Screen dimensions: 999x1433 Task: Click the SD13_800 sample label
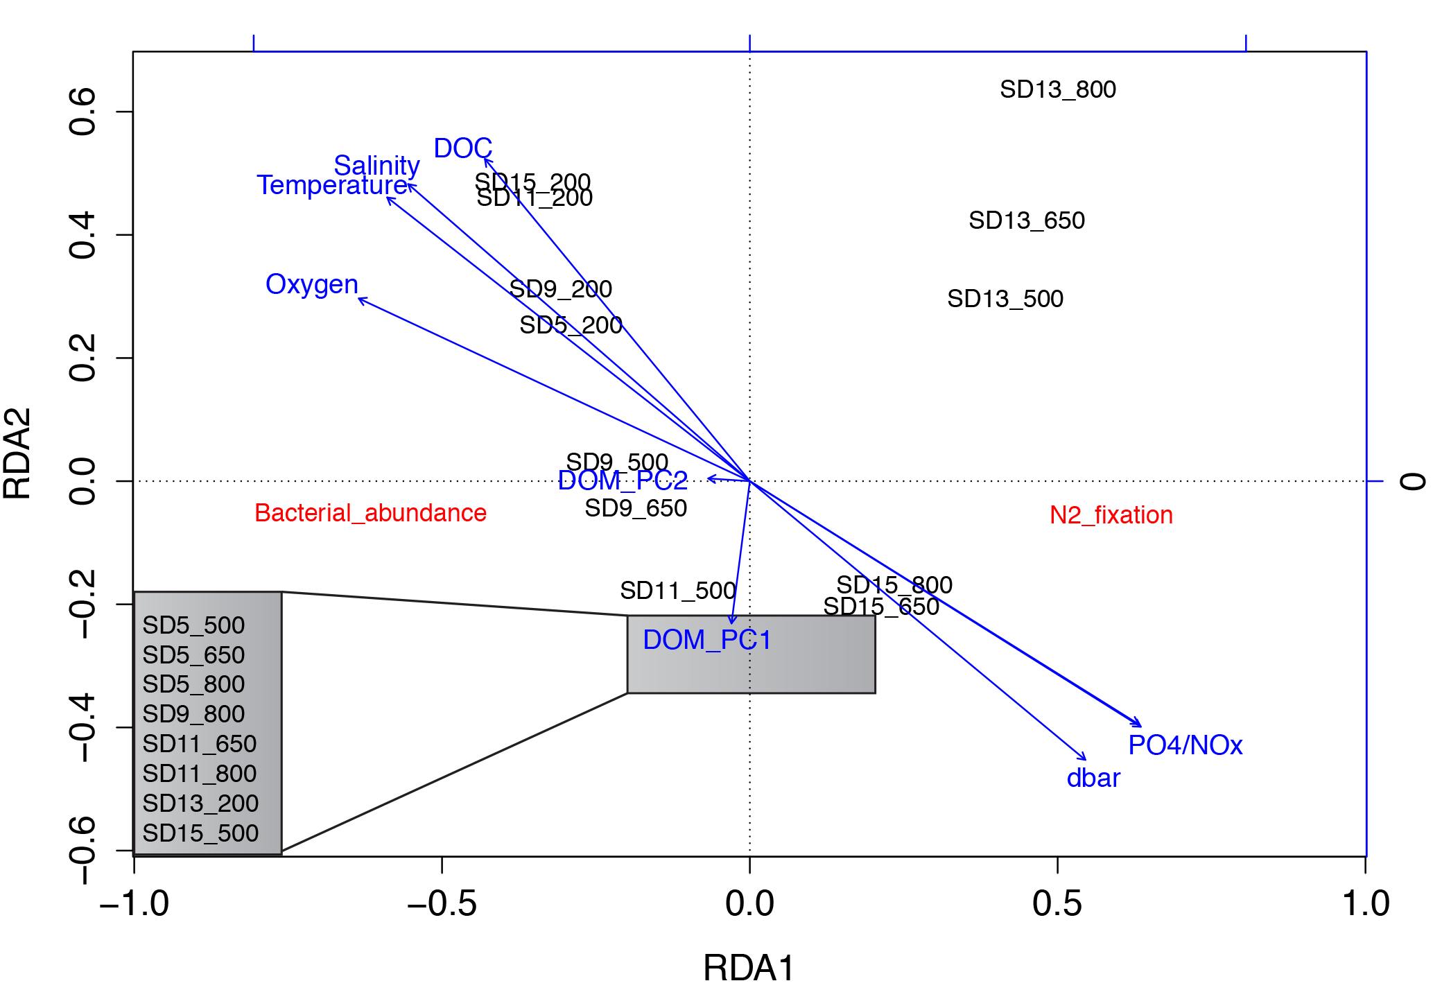pos(1057,90)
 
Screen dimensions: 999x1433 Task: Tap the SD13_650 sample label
pos(1026,220)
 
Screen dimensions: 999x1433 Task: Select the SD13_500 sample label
pos(1005,299)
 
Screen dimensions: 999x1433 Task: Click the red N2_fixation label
pos(1111,515)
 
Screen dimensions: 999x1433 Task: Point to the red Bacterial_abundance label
pos(370,513)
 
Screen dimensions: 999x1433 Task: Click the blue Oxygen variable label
pos(311,284)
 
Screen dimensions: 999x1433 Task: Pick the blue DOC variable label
pos(462,148)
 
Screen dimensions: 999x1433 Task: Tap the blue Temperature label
pos(331,185)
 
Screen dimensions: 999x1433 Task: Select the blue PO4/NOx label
pos(1185,745)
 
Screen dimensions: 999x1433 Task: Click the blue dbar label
pos(1093,779)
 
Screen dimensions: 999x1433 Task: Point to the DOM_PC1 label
pos(706,640)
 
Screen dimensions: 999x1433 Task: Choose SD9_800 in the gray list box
pos(193,714)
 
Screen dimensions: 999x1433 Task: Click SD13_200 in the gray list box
pos(200,803)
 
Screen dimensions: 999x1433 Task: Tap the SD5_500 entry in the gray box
pos(193,625)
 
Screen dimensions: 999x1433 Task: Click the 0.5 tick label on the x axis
pos(1057,904)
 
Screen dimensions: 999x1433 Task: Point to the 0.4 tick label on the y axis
pos(83,236)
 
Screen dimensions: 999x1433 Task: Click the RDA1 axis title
pos(749,968)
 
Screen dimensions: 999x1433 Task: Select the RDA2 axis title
pos(18,453)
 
